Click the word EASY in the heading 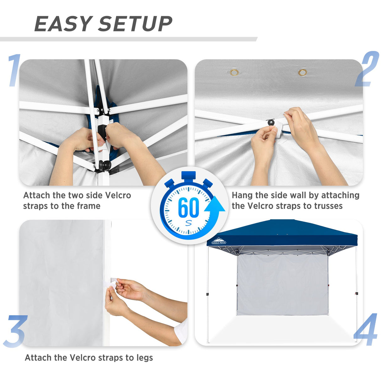(63, 24)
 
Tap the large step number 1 (14, 70)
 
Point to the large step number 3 (15, 331)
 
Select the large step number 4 (366, 330)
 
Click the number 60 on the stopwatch (188, 207)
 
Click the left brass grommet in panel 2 (234, 73)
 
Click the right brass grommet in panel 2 (303, 73)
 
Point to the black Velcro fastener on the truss (271, 122)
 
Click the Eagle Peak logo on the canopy (219, 241)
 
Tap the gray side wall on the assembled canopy (282, 286)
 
